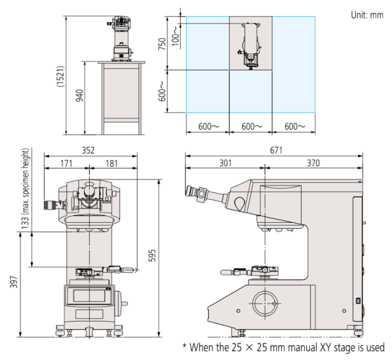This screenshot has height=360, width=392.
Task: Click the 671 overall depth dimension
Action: (x=274, y=150)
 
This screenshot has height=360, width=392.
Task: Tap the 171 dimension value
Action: (x=66, y=163)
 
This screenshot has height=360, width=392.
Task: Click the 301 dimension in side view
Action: (x=225, y=163)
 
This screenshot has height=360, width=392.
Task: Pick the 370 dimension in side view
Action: (x=313, y=163)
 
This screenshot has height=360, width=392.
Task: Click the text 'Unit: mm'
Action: (x=367, y=15)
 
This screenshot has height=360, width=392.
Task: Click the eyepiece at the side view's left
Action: (x=193, y=192)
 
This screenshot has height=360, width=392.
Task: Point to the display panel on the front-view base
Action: (x=90, y=295)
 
